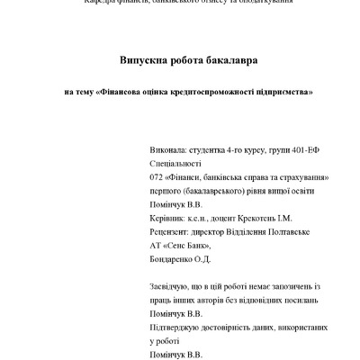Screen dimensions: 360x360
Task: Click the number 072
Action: coord(156,179)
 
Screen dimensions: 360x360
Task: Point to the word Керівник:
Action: coord(166,218)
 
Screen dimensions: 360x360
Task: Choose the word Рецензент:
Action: coord(169,231)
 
